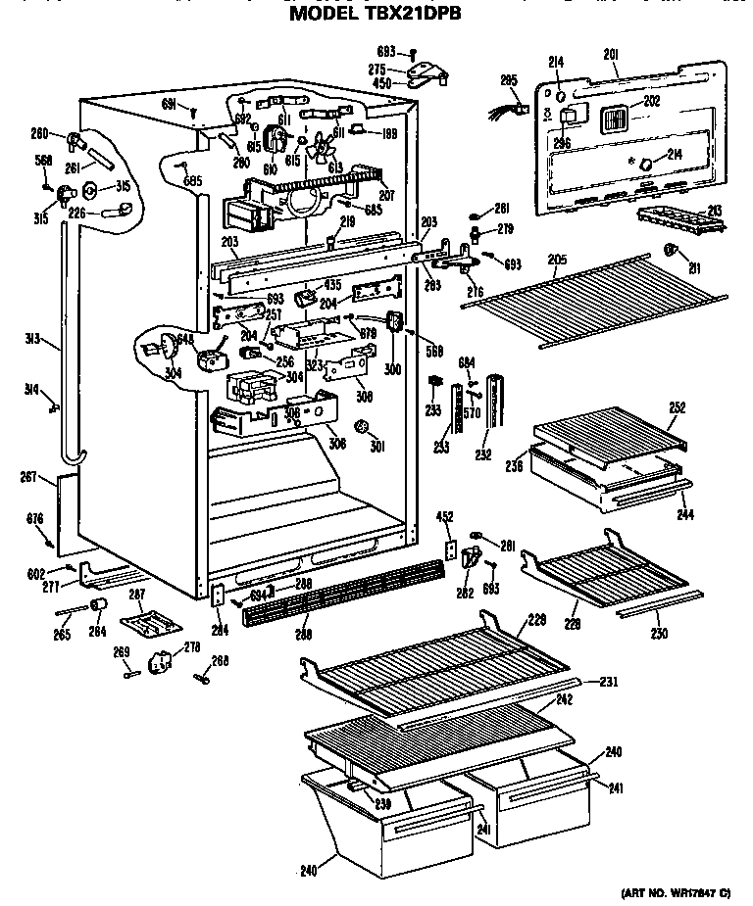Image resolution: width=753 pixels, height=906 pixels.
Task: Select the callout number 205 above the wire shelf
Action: pos(557,260)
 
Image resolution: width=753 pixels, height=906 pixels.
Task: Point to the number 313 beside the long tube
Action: pos(32,341)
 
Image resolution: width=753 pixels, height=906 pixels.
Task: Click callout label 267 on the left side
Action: pos(27,477)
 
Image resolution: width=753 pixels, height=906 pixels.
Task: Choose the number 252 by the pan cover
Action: pos(677,406)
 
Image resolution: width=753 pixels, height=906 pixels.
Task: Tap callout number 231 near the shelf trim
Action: pos(608,682)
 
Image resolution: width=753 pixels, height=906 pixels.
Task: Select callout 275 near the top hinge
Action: pos(377,69)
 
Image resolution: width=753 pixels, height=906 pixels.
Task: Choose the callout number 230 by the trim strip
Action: pos(658,634)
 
